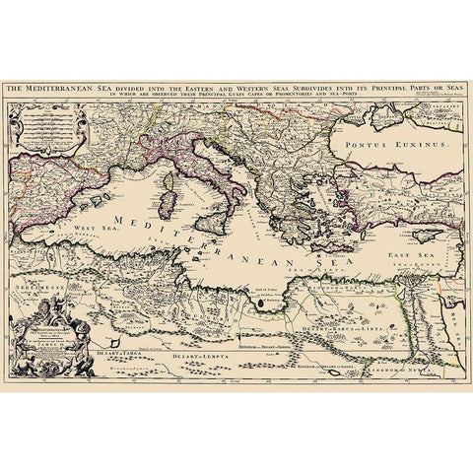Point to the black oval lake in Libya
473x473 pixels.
[262, 304]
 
